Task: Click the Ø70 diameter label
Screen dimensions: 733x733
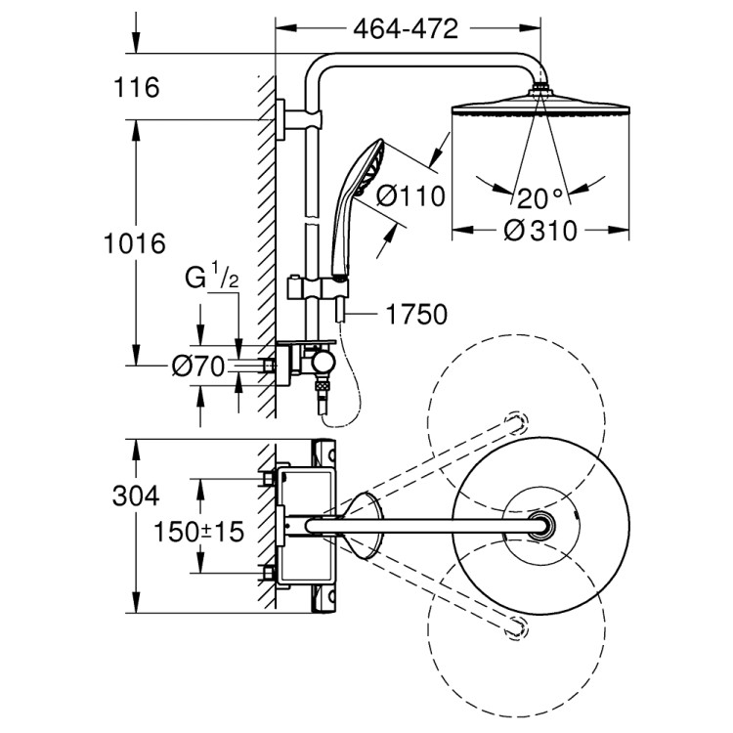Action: click(x=197, y=366)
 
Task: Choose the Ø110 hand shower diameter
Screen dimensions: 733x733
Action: click(x=410, y=196)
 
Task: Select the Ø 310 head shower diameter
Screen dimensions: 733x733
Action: click(x=539, y=231)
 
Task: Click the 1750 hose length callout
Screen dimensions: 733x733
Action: click(x=416, y=315)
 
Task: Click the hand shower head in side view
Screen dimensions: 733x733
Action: click(x=369, y=166)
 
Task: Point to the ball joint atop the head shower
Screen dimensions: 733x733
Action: click(x=538, y=93)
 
